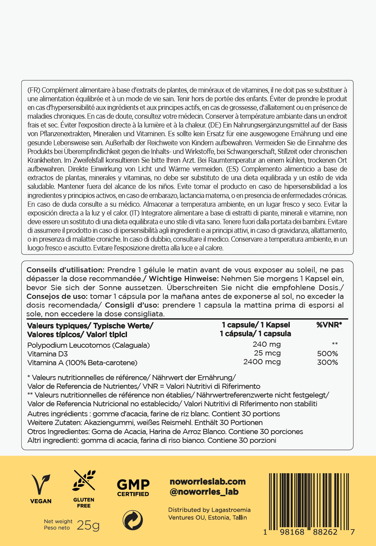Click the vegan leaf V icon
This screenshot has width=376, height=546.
41,484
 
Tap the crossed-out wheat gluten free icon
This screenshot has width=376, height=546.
84,480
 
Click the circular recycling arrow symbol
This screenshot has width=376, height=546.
133,520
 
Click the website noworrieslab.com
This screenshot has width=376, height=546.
208,482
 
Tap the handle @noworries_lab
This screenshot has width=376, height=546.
204,492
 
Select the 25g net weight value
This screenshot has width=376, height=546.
88,526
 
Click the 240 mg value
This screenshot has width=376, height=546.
266,344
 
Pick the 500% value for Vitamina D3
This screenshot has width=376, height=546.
328,354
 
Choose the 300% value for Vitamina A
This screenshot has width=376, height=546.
328,362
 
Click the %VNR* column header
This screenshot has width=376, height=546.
329,325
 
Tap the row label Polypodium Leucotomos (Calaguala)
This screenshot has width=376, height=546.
89,345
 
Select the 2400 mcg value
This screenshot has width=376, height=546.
262,362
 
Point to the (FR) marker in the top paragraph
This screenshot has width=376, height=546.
34,90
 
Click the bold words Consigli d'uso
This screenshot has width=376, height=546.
132,305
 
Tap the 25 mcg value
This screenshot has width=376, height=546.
267,353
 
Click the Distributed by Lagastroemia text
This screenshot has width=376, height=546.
209,510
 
